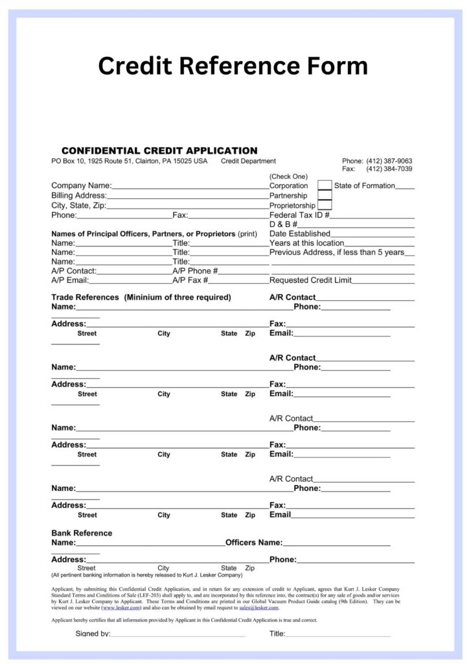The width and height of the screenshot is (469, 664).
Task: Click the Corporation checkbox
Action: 325,185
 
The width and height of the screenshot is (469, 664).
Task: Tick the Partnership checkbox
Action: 325,195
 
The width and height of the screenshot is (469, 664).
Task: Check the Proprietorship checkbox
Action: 325,205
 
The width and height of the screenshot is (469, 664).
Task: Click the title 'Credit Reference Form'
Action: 233,65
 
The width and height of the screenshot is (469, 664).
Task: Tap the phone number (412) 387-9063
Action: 389,161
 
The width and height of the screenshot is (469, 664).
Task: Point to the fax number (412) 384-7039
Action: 389,169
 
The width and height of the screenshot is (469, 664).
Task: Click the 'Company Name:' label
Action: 81,185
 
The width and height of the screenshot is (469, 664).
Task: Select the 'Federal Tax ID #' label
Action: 299,215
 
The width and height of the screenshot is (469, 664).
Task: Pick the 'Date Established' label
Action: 299,233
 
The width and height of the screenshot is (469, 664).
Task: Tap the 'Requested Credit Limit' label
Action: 310,280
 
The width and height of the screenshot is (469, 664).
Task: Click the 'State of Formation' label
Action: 364,185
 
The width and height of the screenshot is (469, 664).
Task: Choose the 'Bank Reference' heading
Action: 82,533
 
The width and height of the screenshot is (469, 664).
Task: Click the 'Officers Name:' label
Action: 253,542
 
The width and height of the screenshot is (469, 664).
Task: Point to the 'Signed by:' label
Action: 93,634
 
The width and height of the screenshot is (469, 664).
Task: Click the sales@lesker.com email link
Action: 258,608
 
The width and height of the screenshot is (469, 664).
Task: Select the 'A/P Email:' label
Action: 70,280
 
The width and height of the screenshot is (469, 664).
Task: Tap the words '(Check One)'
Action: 288,176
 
